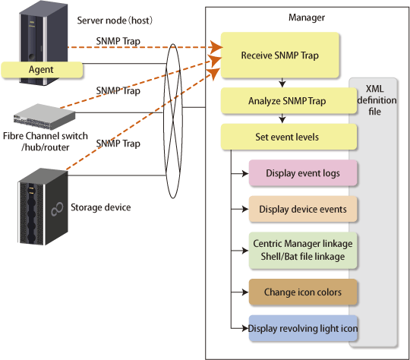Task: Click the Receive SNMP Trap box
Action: coord(279,55)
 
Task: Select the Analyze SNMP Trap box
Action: coord(289,101)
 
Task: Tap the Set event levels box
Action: coord(289,137)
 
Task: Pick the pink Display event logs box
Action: coord(303,173)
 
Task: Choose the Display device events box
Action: coord(303,209)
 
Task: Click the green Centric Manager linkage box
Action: coord(303,251)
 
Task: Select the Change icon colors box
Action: coord(303,292)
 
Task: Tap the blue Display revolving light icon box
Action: coord(303,328)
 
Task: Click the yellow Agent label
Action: coord(42,70)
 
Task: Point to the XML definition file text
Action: coord(377,100)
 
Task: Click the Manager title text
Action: coord(307,17)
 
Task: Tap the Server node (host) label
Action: coord(115,21)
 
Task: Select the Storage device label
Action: coord(101,207)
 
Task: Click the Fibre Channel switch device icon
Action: coord(45,117)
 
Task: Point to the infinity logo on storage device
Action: coord(57,209)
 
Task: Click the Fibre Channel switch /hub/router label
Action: coord(46,141)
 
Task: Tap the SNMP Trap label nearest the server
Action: coord(118,41)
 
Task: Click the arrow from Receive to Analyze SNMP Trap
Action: coord(282,83)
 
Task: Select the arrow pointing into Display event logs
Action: coord(240,173)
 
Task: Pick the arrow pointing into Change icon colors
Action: coord(240,292)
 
